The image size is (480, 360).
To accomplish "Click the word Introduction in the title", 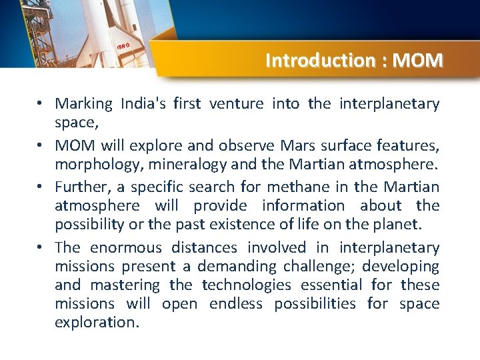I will click(x=321, y=61).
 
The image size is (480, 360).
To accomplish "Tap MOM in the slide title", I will click(x=418, y=61).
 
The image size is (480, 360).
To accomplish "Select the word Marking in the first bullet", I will click(x=84, y=104).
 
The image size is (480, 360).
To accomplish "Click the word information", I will click(x=303, y=205).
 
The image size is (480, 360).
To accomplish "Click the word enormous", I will click(x=126, y=248).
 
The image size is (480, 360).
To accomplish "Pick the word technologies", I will click(x=247, y=285).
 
